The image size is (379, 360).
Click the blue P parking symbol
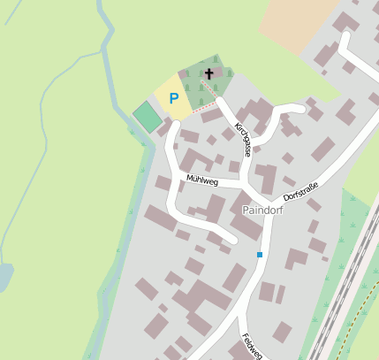174,98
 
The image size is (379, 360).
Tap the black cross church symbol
209,73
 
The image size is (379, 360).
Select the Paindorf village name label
263,210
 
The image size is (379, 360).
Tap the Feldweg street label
253,346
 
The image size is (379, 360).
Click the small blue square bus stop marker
260,255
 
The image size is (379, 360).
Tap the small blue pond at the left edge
4,278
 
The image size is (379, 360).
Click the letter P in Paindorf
246,210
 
